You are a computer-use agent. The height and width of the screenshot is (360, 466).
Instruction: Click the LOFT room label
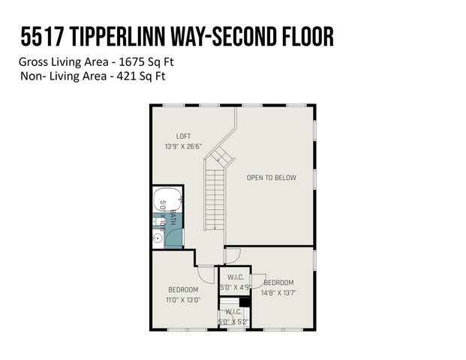[183, 136]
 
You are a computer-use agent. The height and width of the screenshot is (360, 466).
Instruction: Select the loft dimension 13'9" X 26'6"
[183, 146]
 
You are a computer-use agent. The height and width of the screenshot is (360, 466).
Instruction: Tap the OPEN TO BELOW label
[272, 178]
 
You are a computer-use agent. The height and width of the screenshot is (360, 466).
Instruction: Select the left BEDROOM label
[183, 289]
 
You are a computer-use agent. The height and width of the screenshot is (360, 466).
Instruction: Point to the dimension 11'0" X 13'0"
[183, 299]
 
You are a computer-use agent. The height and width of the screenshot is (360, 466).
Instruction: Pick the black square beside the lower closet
[253, 302]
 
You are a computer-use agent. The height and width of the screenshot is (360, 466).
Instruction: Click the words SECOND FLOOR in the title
[281, 37]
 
